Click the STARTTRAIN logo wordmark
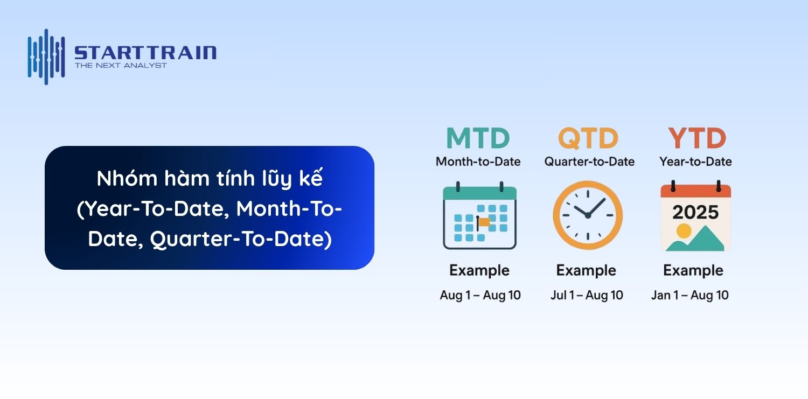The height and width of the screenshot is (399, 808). pos(145,53)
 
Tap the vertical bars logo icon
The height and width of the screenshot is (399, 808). pos(46,57)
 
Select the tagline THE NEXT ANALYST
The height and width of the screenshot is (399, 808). pos(121,66)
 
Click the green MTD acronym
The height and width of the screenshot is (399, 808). pos(478,138)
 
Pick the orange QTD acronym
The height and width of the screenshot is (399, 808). pos(588,138)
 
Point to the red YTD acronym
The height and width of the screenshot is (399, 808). pos(696,138)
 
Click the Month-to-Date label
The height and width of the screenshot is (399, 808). pos(478,162)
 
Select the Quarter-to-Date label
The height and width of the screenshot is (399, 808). pos(589,162)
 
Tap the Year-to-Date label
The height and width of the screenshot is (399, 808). pos(695,162)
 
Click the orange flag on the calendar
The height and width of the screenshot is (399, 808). pos(483,223)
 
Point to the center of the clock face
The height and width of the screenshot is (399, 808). pos(588,215)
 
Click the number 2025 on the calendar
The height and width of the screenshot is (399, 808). pos(695,212)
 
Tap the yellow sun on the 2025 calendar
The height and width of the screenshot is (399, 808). pos(684,230)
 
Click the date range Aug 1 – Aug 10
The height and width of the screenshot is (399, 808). pos(480,295)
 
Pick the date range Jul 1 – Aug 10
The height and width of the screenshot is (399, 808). pos(587,295)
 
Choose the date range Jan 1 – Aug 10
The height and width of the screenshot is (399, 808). pos(689,295)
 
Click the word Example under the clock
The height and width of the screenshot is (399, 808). pos(586,270)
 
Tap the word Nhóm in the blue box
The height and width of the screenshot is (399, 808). pos(127,178)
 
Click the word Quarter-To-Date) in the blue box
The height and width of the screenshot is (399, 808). pos(241,239)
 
